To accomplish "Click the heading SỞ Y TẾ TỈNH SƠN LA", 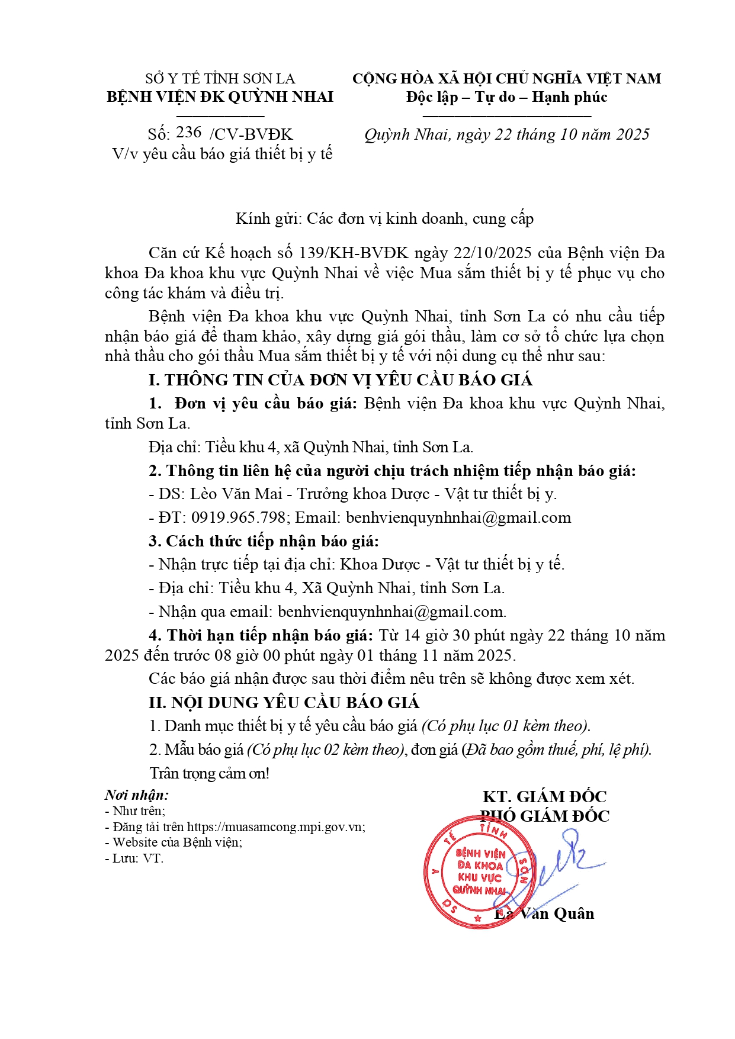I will (220, 79).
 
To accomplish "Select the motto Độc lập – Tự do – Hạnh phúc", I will (506, 97).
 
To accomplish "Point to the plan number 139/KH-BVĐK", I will (354, 253).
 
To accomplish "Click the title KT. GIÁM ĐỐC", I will (544, 796).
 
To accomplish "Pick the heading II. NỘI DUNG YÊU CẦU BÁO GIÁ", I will (284, 702).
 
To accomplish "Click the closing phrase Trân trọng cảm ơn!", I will (209, 773).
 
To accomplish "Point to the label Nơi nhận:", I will (137, 795).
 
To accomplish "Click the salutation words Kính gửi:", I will (269, 218).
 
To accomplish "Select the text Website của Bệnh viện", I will (177, 842).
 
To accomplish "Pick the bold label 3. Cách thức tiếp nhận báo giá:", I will (264, 541).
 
